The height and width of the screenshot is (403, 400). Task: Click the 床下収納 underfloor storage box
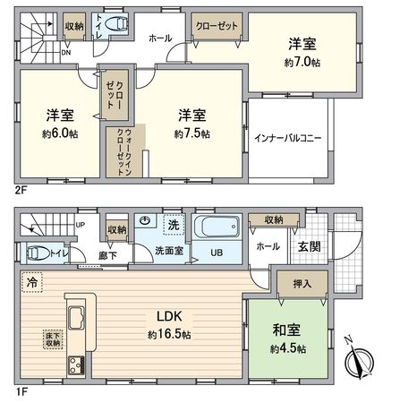[52, 339]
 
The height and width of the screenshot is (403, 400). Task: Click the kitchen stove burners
[71, 364]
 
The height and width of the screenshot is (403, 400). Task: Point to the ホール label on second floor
[159, 39]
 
